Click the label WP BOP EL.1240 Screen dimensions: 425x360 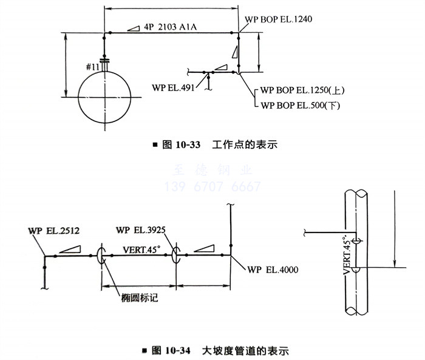(278, 19)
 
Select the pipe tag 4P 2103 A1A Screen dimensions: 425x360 (170, 27)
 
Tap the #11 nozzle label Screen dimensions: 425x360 (93, 67)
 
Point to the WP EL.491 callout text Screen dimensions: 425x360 (173, 87)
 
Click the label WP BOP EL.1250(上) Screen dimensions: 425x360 (302, 90)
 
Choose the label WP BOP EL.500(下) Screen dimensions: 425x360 (301, 105)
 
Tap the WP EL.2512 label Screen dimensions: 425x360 (53, 231)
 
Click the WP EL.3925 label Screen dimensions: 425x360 (141, 230)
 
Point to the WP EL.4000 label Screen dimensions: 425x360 (273, 270)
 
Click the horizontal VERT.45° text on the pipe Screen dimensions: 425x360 (141, 250)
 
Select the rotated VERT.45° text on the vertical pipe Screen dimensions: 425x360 (347, 255)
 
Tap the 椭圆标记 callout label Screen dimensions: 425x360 (139, 298)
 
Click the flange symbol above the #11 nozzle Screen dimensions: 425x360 (104, 61)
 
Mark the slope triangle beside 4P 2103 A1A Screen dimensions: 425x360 (134, 28)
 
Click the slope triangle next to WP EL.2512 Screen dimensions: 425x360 (70, 249)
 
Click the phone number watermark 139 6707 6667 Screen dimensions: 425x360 (212, 186)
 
